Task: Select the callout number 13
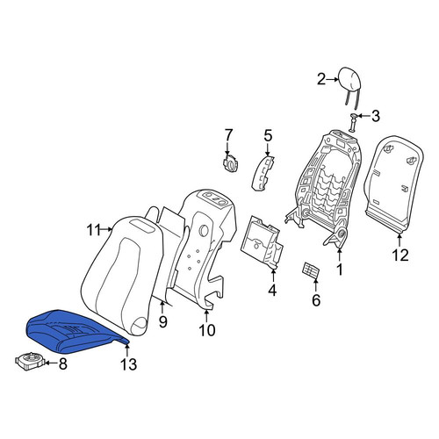click(x=128, y=364)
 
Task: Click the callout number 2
click(x=321, y=79)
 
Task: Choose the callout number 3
click(x=376, y=116)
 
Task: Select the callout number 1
click(x=340, y=270)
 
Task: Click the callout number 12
click(x=400, y=255)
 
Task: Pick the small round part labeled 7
click(x=231, y=164)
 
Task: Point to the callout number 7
click(x=228, y=135)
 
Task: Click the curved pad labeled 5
click(x=262, y=173)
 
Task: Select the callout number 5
click(x=268, y=136)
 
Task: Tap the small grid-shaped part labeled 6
click(x=310, y=270)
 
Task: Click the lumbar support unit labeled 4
click(x=262, y=241)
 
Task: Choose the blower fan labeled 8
click(x=30, y=362)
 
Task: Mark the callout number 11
click(x=94, y=230)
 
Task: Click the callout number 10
click(x=207, y=330)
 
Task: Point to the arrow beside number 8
click(x=52, y=363)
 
